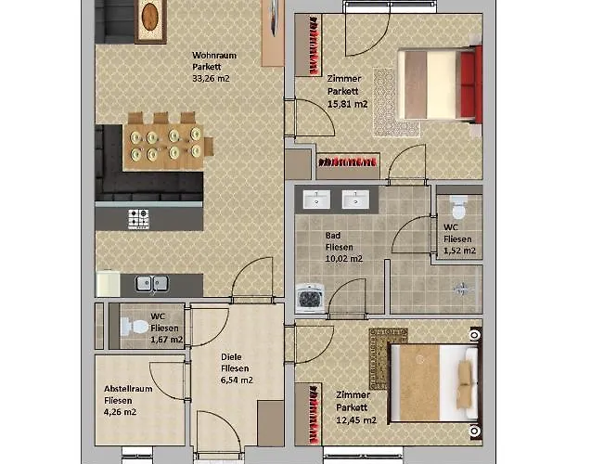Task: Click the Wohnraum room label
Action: [214, 55]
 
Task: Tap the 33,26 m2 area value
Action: [211, 79]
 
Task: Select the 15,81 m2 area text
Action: [347, 104]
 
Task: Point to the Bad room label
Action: [333, 236]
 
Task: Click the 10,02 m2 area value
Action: [344, 259]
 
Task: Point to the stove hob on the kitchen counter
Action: [138, 219]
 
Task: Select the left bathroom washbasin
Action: [318, 199]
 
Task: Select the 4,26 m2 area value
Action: [120, 412]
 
